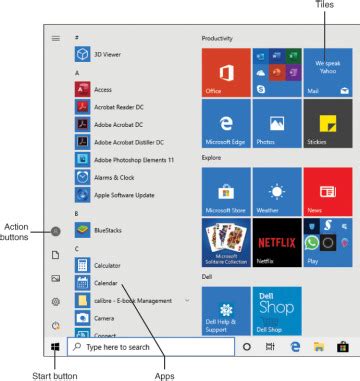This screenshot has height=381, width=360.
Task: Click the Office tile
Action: click(x=224, y=72)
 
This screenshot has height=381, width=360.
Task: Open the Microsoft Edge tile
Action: click(x=224, y=124)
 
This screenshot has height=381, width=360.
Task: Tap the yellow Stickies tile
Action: click(x=328, y=124)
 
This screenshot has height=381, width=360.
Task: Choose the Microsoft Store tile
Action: click(x=224, y=191)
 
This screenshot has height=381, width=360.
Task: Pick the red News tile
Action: click(x=328, y=191)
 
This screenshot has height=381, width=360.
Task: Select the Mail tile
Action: click(x=328, y=72)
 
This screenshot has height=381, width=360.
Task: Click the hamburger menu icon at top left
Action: click(x=56, y=38)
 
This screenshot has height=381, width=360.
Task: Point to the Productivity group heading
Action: click(x=217, y=38)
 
